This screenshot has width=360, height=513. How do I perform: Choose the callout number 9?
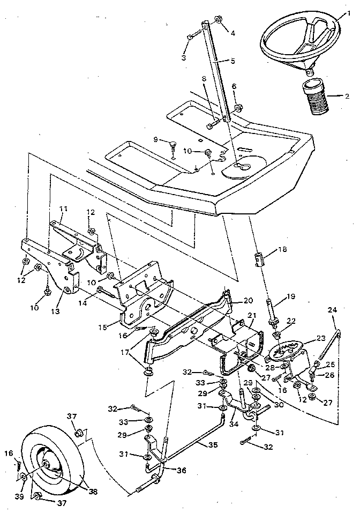tap(155, 139)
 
